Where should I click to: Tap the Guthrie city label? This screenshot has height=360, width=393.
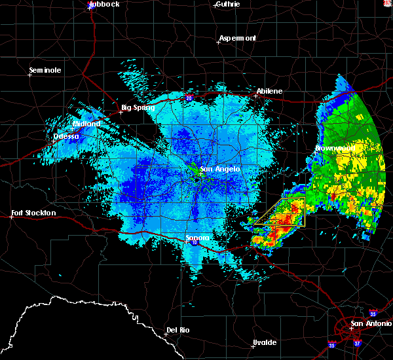pos(227,4)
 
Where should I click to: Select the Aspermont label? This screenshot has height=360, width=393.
pos(238,38)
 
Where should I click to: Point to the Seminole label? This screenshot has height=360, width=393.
pos(45,70)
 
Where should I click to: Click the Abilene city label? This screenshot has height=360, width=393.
pos(269,91)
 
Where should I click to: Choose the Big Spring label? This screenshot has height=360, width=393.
pos(138,108)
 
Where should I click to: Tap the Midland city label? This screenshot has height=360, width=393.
pos(86,124)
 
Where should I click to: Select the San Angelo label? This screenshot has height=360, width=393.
pos(220,169)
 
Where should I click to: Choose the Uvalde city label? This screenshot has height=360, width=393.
pos(264,342)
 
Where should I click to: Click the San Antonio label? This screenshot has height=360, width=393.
pos(371,323)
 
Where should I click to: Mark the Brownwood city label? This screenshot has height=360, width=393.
pos(335,149)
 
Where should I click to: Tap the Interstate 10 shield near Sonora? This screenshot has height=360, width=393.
pos(194,243)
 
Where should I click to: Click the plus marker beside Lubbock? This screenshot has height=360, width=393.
pos(90,9)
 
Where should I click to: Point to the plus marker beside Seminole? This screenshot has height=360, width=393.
pos(29,75)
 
